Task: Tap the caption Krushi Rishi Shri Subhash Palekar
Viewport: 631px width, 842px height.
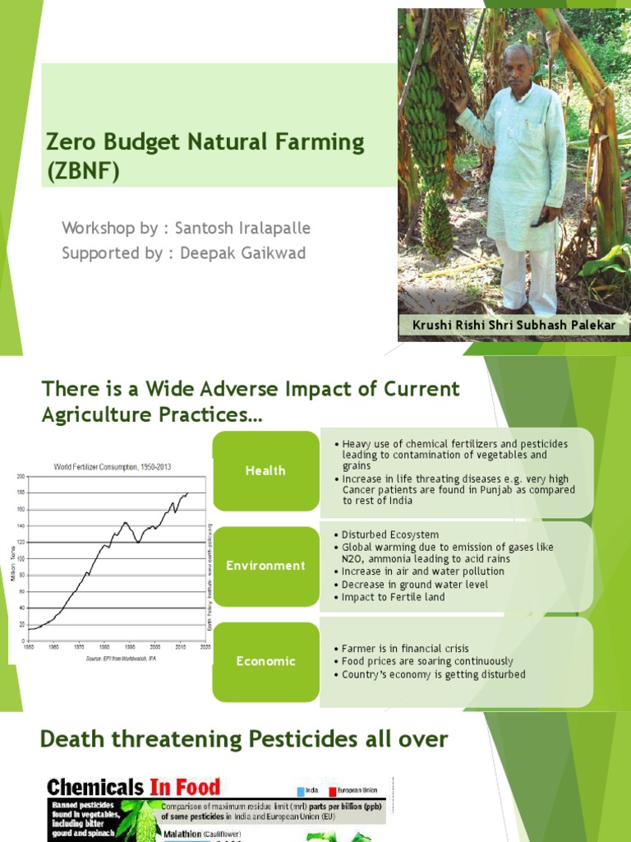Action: [x=514, y=326]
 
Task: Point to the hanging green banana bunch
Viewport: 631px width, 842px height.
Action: [x=429, y=132]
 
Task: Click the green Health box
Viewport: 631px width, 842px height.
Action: [x=265, y=470]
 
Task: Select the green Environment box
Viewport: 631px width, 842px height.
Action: [x=265, y=566]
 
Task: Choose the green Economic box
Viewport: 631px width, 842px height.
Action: [x=265, y=661]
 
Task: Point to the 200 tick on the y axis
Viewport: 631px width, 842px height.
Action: [x=20, y=476]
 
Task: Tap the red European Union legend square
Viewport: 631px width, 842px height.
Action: [x=333, y=790]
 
